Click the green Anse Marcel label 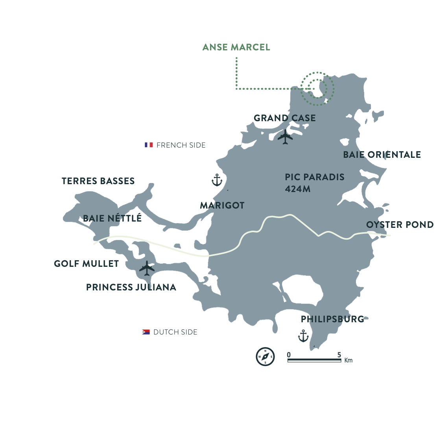[x=236, y=47]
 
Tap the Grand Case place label [x=284, y=118]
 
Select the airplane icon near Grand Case [x=285, y=137]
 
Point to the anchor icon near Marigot [x=217, y=180]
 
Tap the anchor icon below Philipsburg [x=303, y=336]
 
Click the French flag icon [x=149, y=145]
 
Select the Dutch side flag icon [x=146, y=332]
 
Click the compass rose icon [x=265, y=357]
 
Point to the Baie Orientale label [x=382, y=155]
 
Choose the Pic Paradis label [x=315, y=177]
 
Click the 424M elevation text [x=298, y=189]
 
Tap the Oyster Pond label [x=400, y=225]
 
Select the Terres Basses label [x=98, y=181]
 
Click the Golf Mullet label [x=87, y=264]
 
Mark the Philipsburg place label [x=332, y=319]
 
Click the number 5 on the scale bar [x=339, y=355]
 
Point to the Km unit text [x=348, y=360]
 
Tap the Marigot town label [x=222, y=205]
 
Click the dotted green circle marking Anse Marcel [x=317, y=89]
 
